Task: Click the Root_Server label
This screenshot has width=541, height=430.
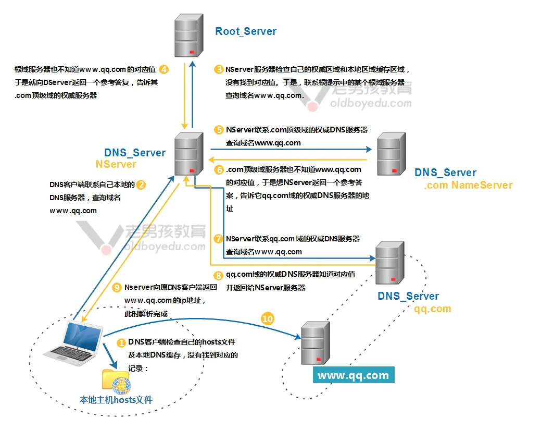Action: coord(246,31)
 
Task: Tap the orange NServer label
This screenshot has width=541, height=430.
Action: coord(116,165)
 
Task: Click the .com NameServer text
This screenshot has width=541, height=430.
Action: coord(468,185)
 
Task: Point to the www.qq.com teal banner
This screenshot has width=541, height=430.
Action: coord(354,375)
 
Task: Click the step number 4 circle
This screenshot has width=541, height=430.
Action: coord(164,69)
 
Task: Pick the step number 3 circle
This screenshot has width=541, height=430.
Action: coord(219,69)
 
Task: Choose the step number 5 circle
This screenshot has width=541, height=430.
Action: coord(219,130)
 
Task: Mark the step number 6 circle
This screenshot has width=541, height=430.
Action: coord(219,170)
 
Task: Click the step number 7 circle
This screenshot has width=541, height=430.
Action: coord(219,239)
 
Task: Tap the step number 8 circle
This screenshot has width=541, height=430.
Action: coord(219,275)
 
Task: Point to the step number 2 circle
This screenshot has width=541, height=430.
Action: coord(141,185)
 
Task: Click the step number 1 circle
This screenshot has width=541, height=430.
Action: coord(121,343)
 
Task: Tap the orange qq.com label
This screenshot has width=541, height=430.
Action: coord(432,309)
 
